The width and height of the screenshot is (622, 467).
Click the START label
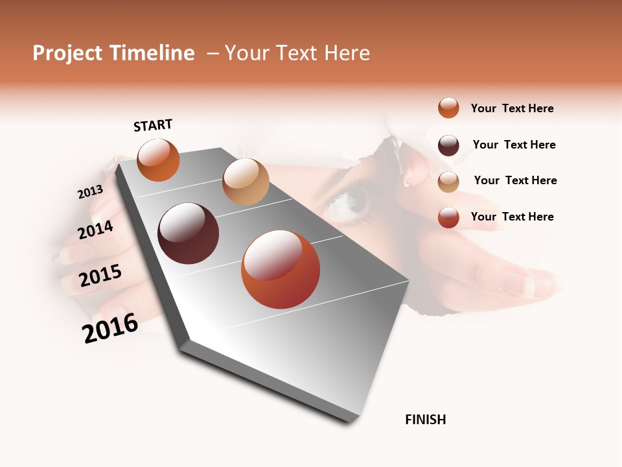tap(153, 125)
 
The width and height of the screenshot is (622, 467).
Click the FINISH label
tap(425, 420)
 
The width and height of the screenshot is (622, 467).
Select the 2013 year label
tap(90, 192)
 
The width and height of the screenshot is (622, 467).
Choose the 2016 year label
tap(110, 328)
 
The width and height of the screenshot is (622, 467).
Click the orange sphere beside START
tap(158, 160)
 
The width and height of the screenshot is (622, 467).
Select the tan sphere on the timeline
tap(246, 182)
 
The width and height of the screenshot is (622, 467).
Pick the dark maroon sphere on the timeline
tap(188, 233)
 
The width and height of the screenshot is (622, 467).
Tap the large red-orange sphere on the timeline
tap(280, 269)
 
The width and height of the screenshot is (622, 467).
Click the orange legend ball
tap(448, 108)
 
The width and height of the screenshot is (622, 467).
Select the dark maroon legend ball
tap(448, 145)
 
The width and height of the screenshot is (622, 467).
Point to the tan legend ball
tap(448, 182)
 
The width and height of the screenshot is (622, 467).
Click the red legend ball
tap(448, 217)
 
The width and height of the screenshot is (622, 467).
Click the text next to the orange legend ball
tap(512, 108)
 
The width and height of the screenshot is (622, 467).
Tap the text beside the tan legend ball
tap(515, 180)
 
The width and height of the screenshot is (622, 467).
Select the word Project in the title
tap(68, 53)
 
